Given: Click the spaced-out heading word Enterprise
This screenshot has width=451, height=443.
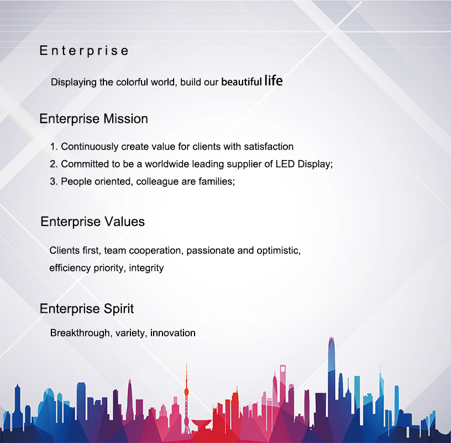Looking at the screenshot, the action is pos(83,51).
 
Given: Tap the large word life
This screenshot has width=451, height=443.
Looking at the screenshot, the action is pos(274,81).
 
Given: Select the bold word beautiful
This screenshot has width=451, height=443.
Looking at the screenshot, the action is pos(242,82).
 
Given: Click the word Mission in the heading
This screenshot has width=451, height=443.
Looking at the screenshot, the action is pos(125,119).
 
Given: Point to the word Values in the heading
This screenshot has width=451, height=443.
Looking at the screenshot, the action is pos(124,221).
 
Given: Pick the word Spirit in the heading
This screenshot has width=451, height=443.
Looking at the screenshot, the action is pos(118,308).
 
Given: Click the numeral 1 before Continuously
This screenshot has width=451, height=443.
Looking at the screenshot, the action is pos(53,146).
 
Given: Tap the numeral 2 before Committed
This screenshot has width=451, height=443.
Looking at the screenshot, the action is pos(53,164).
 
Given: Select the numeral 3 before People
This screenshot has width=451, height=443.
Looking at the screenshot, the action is pos(53,182).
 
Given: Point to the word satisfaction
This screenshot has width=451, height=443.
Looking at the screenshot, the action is pos(269,146).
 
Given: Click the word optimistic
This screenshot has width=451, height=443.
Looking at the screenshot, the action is pos(279,250).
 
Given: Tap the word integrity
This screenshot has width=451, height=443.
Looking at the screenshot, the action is pos(146,268).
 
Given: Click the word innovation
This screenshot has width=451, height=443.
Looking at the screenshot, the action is pos(173,333).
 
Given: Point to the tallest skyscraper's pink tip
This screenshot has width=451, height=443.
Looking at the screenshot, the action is pos(332,340).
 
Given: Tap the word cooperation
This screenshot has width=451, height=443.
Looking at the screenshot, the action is pos(156,251).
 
